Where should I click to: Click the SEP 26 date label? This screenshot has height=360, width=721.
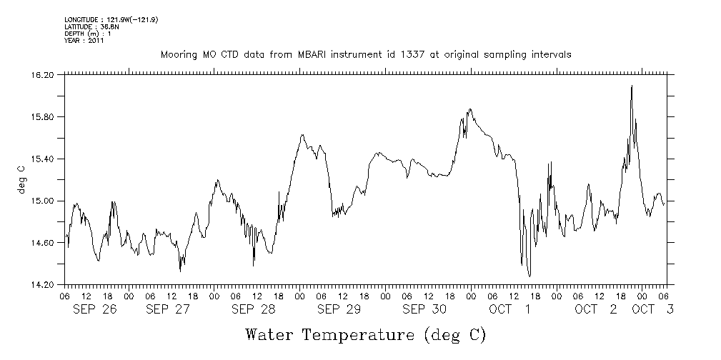(x=95, y=309)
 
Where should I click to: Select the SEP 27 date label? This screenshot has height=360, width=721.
(x=167, y=309)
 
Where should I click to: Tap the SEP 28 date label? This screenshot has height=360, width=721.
(x=253, y=309)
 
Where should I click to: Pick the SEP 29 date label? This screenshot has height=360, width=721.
(x=339, y=309)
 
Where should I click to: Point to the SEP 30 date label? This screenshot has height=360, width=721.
(x=424, y=309)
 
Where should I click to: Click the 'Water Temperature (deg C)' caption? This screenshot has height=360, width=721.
(x=365, y=334)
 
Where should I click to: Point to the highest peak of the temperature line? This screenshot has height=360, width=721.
(x=632, y=86)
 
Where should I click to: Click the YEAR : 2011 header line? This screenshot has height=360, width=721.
(x=84, y=41)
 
